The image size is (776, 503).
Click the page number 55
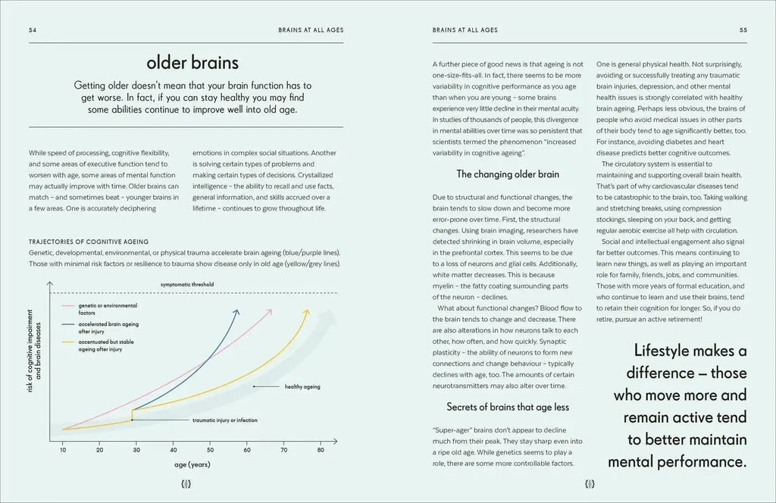743,31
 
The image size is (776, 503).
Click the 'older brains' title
192,62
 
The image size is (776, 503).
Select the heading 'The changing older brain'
508,173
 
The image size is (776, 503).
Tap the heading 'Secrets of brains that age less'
508,406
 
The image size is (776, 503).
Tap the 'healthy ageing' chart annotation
302,387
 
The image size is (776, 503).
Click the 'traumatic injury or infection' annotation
225,419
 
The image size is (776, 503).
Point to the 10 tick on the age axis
63,450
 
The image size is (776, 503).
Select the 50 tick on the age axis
211,450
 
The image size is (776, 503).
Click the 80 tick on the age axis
321,450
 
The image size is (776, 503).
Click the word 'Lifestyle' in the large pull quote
673,350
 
